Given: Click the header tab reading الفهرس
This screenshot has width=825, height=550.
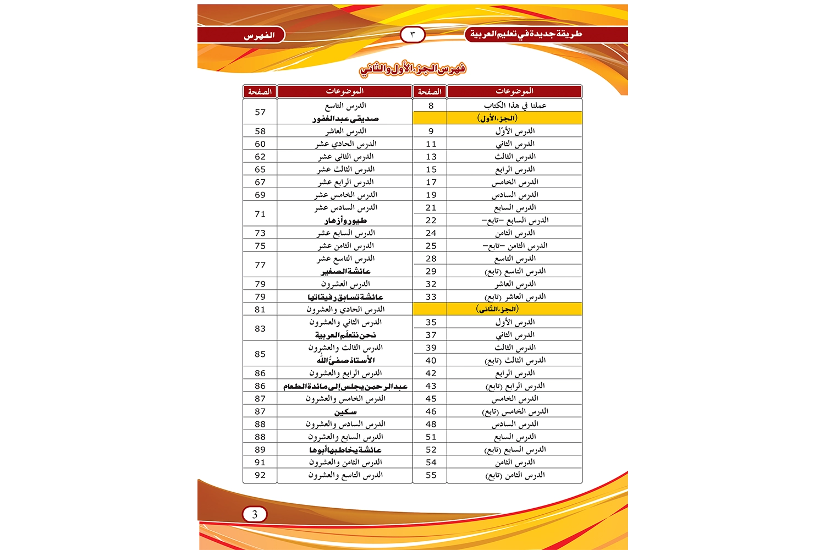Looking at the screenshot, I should [x=259, y=36].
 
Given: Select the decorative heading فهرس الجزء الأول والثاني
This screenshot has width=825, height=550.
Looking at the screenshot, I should [x=413, y=69].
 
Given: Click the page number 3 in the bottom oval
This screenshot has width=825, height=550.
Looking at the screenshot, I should [x=255, y=515].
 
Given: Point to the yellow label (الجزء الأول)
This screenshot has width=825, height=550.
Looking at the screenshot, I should [x=497, y=118].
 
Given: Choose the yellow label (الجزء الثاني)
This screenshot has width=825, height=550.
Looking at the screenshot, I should [x=497, y=309].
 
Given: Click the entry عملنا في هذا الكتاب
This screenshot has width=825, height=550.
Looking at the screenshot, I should [x=515, y=106].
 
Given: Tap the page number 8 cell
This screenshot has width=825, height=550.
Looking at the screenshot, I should [x=431, y=106].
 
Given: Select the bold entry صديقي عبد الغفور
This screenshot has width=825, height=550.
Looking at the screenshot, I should [x=345, y=119].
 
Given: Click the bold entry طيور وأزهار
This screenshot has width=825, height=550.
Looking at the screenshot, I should [x=345, y=221].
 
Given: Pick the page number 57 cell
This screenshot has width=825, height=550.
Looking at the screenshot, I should [x=260, y=112].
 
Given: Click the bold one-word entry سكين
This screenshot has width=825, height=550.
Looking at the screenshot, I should [x=345, y=411].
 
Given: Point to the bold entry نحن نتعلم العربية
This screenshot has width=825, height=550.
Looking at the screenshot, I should [x=345, y=335].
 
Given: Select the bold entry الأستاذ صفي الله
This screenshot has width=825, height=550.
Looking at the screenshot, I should [x=345, y=360].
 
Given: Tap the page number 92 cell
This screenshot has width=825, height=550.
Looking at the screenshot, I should [x=260, y=475].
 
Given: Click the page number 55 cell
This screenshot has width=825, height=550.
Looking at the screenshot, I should [x=431, y=475].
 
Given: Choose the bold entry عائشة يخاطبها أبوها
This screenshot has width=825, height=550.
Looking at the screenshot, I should [x=345, y=450].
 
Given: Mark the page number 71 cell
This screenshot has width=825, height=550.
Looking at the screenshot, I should [x=260, y=214].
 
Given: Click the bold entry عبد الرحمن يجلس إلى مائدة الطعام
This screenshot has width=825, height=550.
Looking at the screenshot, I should [x=345, y=386].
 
